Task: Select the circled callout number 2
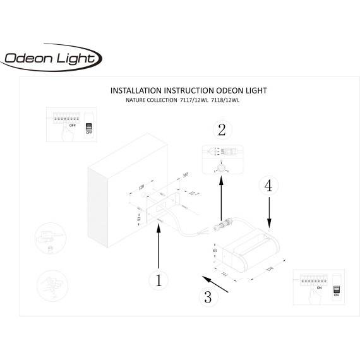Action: [221, 130]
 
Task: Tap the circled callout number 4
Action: [269, 186]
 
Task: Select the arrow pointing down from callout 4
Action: [270, 211]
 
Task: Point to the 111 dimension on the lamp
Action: [224, 272]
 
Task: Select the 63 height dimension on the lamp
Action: [215, 250]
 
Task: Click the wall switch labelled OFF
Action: [88, 126]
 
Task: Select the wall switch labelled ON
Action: [335, 287]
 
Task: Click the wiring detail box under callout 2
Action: [221, 159]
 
